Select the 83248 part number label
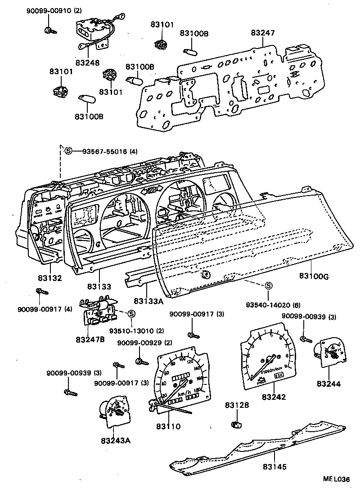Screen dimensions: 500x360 (87, 62)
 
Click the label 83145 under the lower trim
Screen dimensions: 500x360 (275, 467)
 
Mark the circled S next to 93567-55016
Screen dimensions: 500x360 (68, 151)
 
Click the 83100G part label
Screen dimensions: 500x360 (314, 277)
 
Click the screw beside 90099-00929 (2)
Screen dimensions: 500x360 (140, 361)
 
